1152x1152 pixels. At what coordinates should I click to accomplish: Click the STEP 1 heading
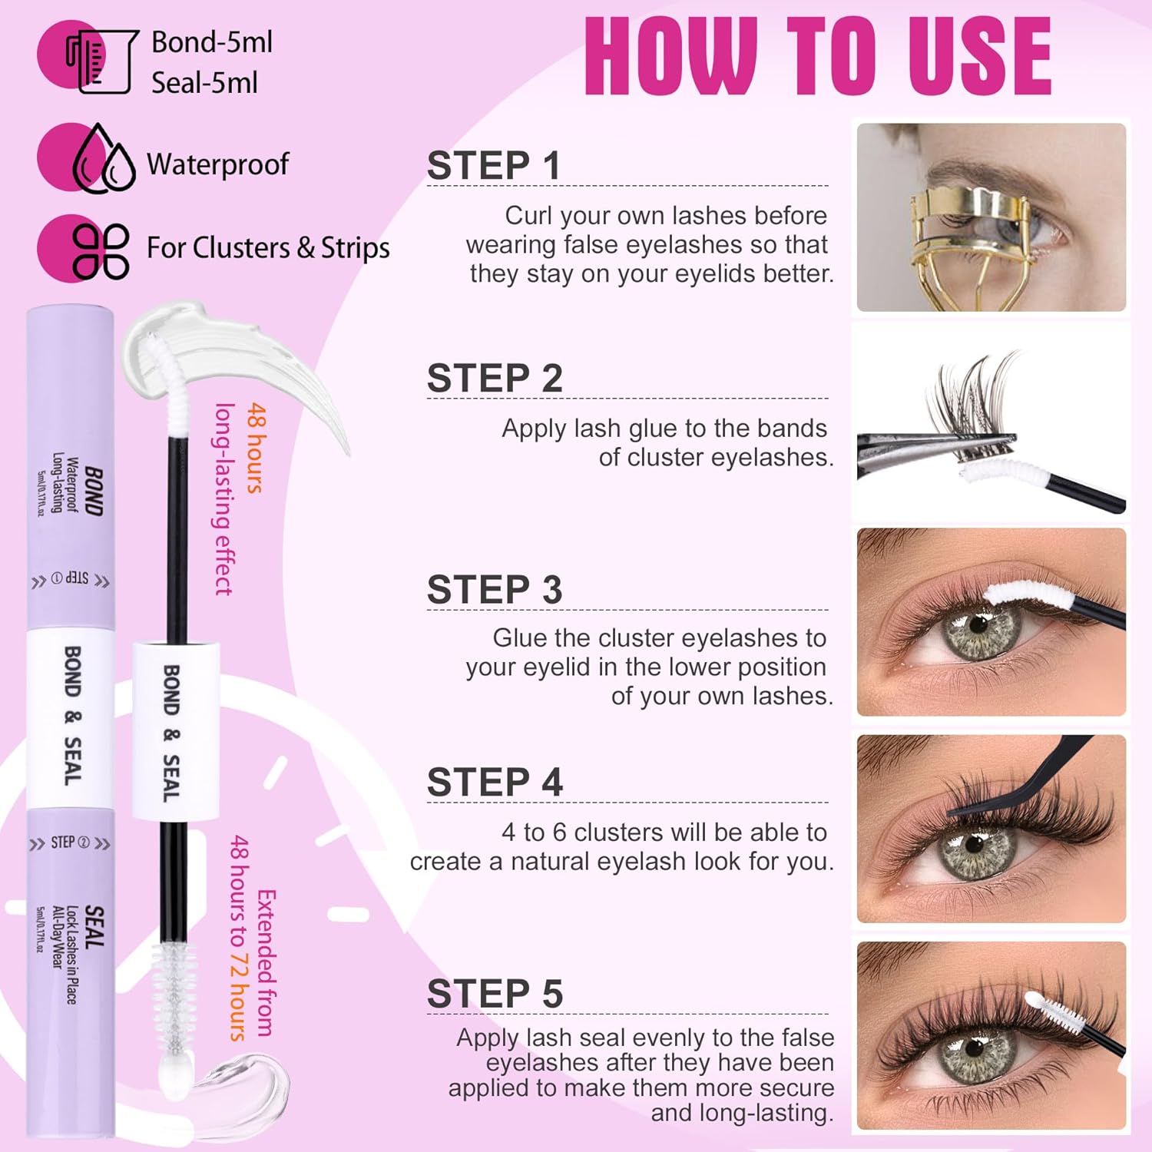pyautogui.click(x=493, y=166)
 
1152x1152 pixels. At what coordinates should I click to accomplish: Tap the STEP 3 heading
pyautogui.click(x=495, y=590)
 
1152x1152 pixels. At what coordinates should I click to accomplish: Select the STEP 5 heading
pyautogui.click(x=495, y=993)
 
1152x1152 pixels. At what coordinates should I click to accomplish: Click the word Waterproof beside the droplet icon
pyautogui.click(x=217, y=164)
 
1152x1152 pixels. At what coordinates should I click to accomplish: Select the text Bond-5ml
pyautogui.click(x=212, y=41)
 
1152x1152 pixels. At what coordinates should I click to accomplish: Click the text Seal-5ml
pyautogui.click(x=204, y=82)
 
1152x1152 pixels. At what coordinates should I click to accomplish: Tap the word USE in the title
pyautogui.click(x=980, y=57)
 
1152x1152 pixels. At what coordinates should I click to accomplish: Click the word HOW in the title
pyautogui.click(x=671, y=57)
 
